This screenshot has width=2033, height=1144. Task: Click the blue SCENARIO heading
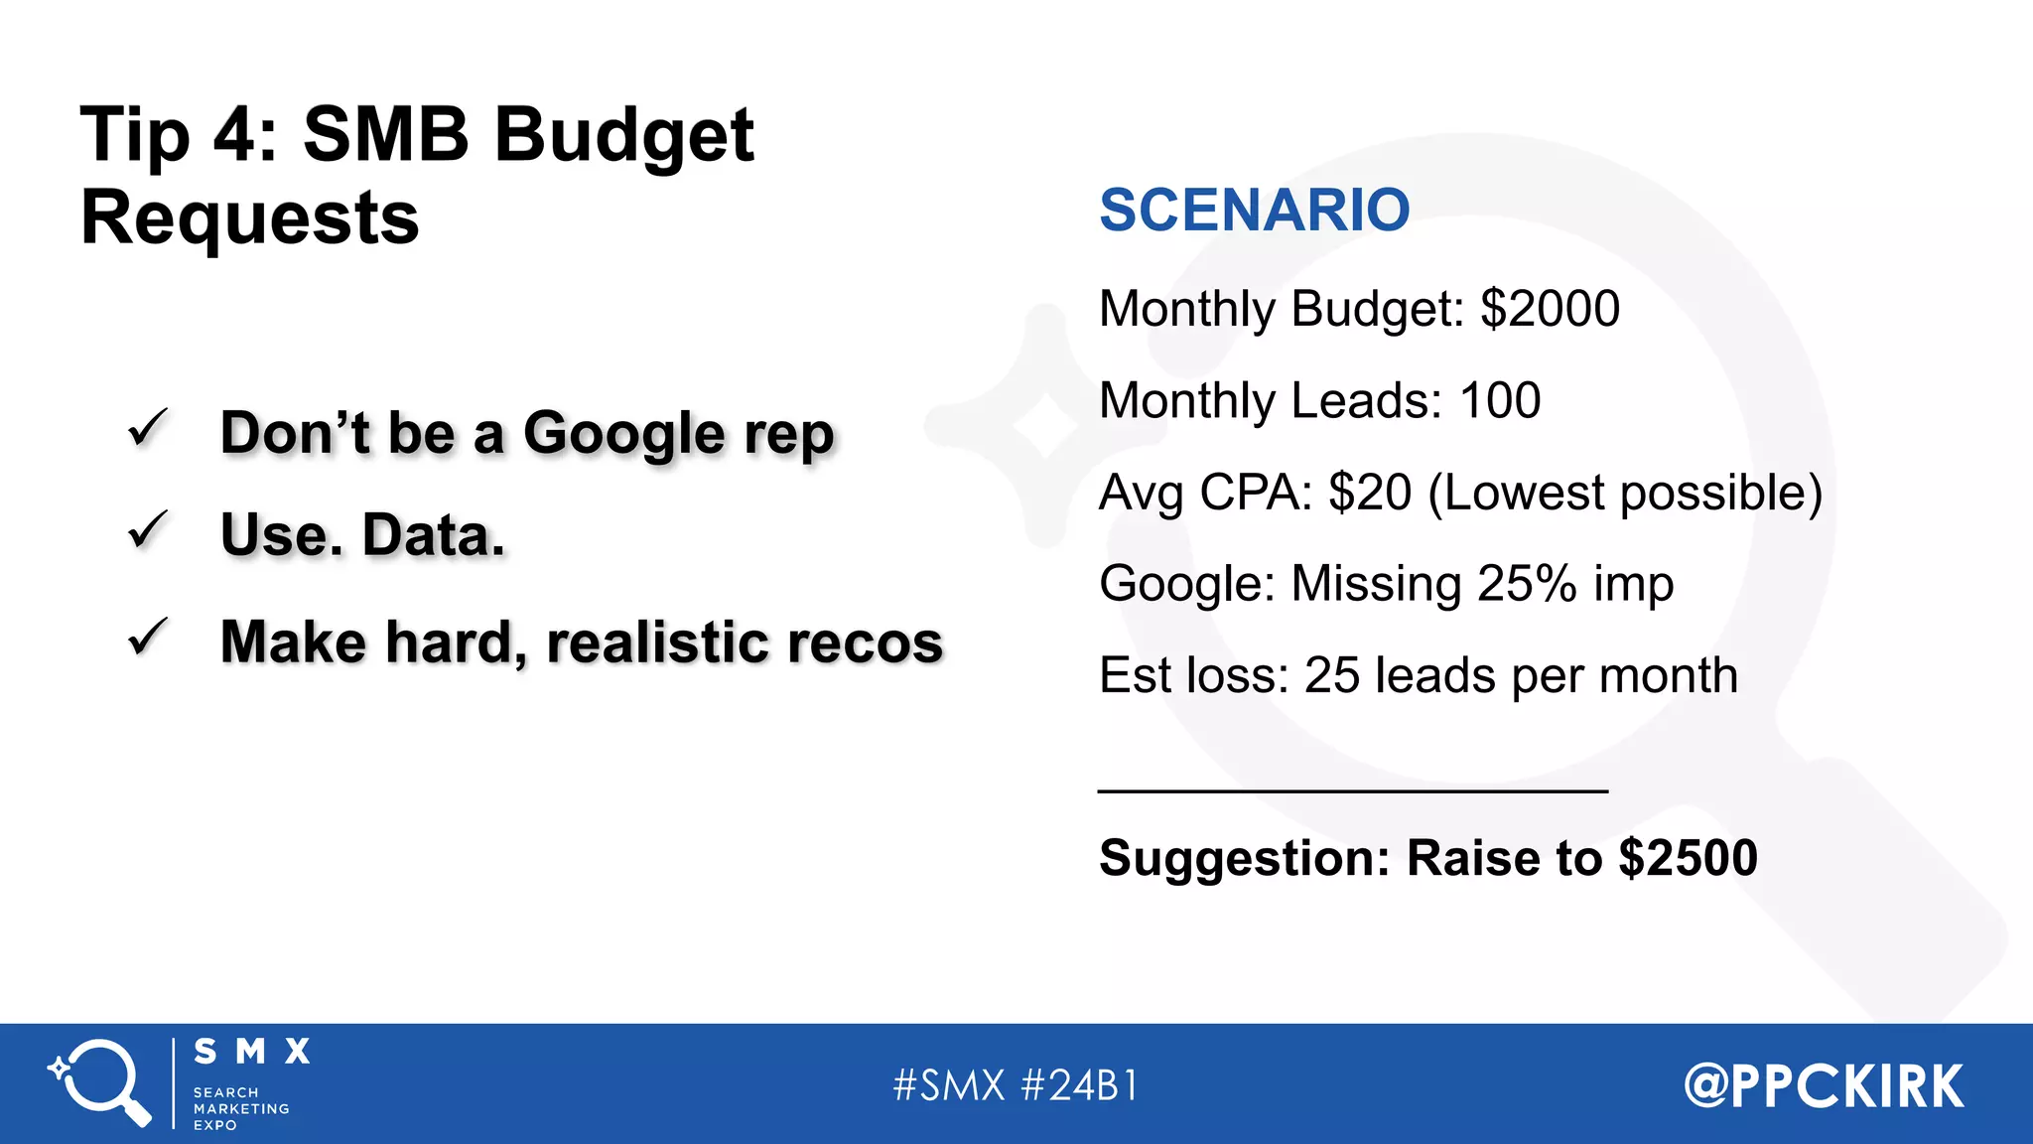(1254, 211)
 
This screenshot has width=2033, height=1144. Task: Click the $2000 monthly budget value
(1550, 309)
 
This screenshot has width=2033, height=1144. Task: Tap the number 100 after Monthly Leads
(1500, 401)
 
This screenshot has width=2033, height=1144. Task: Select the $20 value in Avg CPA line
(1370, 493)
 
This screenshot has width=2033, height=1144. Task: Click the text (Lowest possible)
(1625, 493)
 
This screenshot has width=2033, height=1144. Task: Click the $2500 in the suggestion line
(1688, 858)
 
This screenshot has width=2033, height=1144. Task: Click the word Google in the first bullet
(624, 435)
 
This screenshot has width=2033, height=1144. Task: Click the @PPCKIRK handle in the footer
(1824, 1085)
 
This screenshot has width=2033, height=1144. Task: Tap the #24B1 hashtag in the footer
(1079, 1085)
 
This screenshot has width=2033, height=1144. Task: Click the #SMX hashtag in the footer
(949, 1085)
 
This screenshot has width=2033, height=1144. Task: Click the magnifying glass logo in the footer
(100, 1082)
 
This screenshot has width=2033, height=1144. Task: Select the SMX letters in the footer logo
(252, 1052)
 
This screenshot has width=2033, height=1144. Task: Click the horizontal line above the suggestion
(1352, 791)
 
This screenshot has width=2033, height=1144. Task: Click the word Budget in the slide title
(624, 136)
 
